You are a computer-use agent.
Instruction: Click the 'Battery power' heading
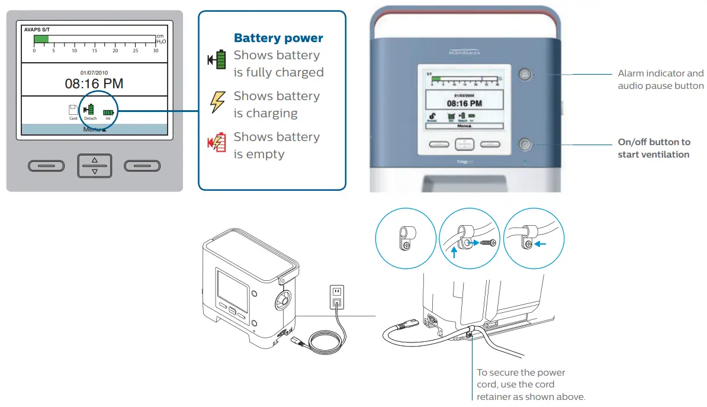tap(278, 39)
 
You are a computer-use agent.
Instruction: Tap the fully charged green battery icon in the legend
tap(217, 60)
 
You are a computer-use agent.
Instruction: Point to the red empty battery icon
tap(217, 143)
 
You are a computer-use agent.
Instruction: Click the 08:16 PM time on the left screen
tap(94, 84)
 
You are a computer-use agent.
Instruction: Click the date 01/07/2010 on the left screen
tap(94, 72)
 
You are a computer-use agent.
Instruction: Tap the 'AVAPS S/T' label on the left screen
tap(37, 28)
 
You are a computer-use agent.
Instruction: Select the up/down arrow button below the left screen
tap(94, 165)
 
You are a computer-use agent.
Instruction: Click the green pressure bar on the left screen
tap(41, 39)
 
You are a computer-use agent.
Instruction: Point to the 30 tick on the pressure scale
tap(156, 50)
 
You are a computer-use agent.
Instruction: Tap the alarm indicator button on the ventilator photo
tap(524, 75)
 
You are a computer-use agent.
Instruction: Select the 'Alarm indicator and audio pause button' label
tap(660, 80)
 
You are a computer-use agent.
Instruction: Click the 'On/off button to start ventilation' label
tap(654, 148)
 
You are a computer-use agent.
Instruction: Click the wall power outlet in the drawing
tap(336, 296)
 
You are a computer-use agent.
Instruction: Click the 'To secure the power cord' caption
tap(521, 384)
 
